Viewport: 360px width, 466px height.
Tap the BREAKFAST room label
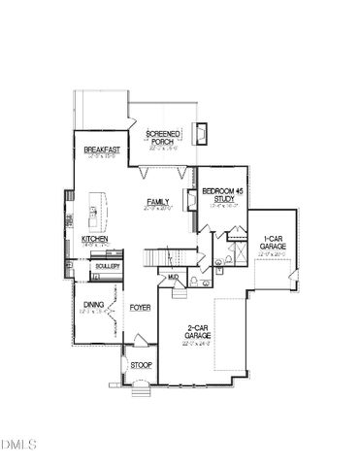tap(101, 150)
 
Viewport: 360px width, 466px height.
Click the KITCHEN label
tap(94, 238)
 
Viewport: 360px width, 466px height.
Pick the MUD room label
tap(173, 279)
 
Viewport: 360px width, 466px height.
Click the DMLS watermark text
tap(18, 446)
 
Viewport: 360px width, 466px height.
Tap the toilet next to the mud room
tap(195, 282)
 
